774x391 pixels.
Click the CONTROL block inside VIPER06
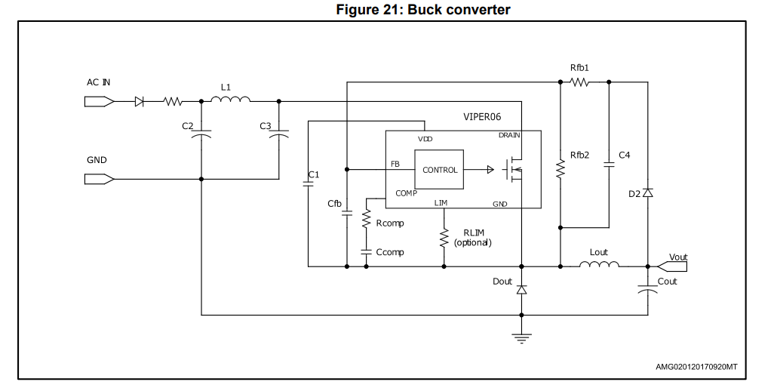pos(439,169)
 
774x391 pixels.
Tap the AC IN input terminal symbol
pos(100,102)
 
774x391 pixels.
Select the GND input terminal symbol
pos(100,179)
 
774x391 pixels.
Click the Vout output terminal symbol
pos(672,266)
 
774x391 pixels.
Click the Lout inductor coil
pos(599,264)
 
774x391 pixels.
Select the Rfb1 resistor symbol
pos(579,82)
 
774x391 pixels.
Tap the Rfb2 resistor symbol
pos(561,169)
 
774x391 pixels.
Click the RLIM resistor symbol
pos(444,237)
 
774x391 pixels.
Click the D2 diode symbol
pos(647,192)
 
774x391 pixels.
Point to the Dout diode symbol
pos(522,290)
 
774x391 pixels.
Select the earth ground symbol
pos(522,338)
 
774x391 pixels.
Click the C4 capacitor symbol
pos(609,166)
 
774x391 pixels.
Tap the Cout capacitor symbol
pos(647,289)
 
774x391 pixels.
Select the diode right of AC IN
pos(140,102)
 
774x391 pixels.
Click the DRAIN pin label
pos(509,135)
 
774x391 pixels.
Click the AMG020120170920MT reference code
pos(696,367)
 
